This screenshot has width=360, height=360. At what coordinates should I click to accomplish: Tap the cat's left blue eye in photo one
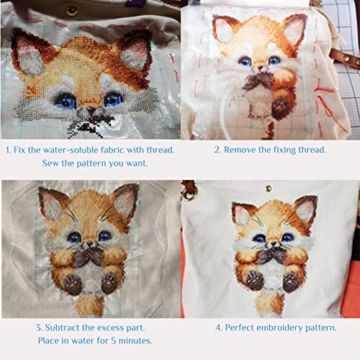coord(66,100)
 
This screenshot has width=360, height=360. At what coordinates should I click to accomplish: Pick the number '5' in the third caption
coord(113,341)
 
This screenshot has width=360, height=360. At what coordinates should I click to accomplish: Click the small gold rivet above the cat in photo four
coord(269,189)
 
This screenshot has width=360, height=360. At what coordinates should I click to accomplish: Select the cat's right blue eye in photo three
coord(104,236)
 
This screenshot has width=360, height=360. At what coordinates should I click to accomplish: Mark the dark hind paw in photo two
coord(281,106)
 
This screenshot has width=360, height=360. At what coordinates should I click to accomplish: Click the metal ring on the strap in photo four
coord(190,195)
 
